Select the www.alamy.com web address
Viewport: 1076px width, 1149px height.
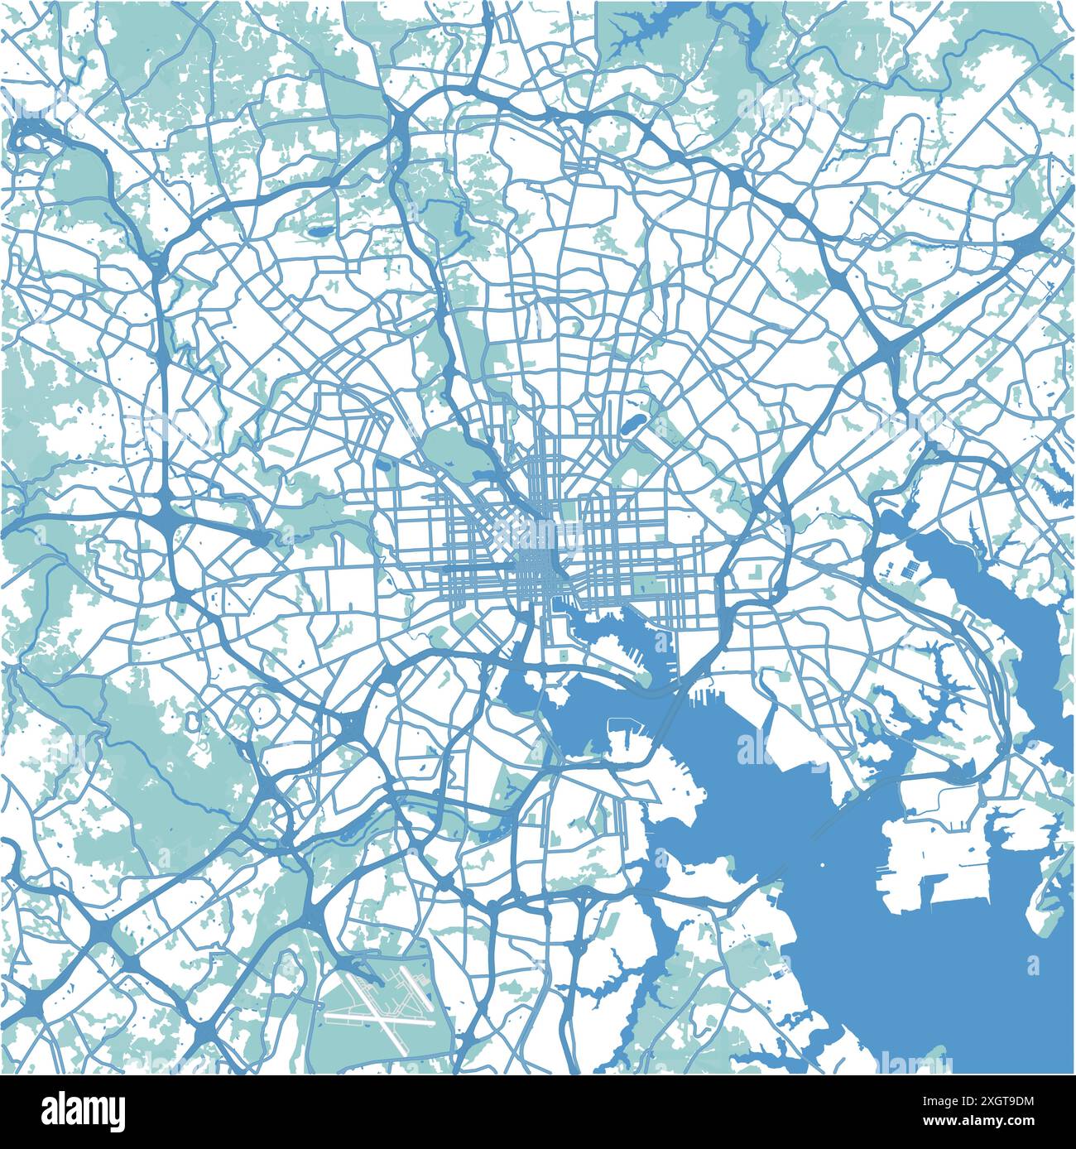pos(990,1123)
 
